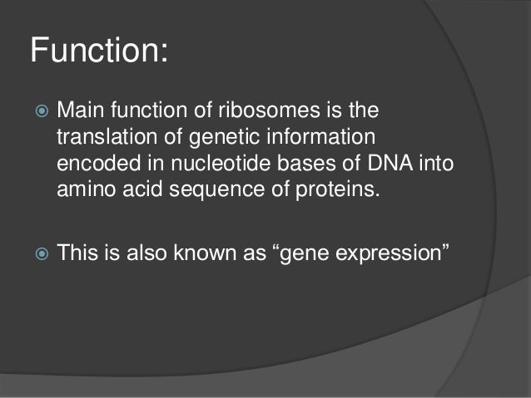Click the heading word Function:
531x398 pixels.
99,52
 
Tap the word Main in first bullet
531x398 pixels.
82,111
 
